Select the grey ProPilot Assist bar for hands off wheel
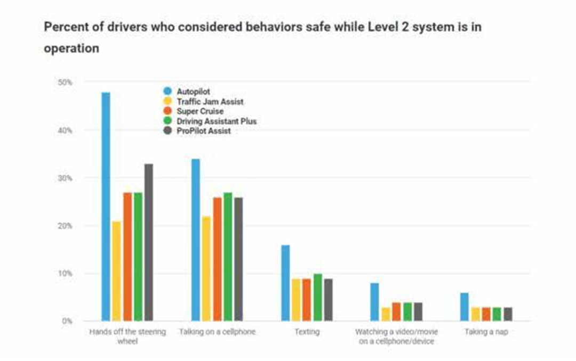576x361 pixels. (148, 242)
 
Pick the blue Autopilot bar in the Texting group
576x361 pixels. (285, 283)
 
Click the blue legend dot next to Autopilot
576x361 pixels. (167, 92)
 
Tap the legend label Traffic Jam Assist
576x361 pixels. (210, 102)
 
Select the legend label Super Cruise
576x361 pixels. (200, 111)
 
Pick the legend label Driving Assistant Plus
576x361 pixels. (217, 121)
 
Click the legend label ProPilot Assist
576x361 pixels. (203, 131)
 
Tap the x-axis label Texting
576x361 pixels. (307, 332)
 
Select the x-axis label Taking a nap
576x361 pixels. (486, 332)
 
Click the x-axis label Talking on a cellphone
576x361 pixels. (217, 332)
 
